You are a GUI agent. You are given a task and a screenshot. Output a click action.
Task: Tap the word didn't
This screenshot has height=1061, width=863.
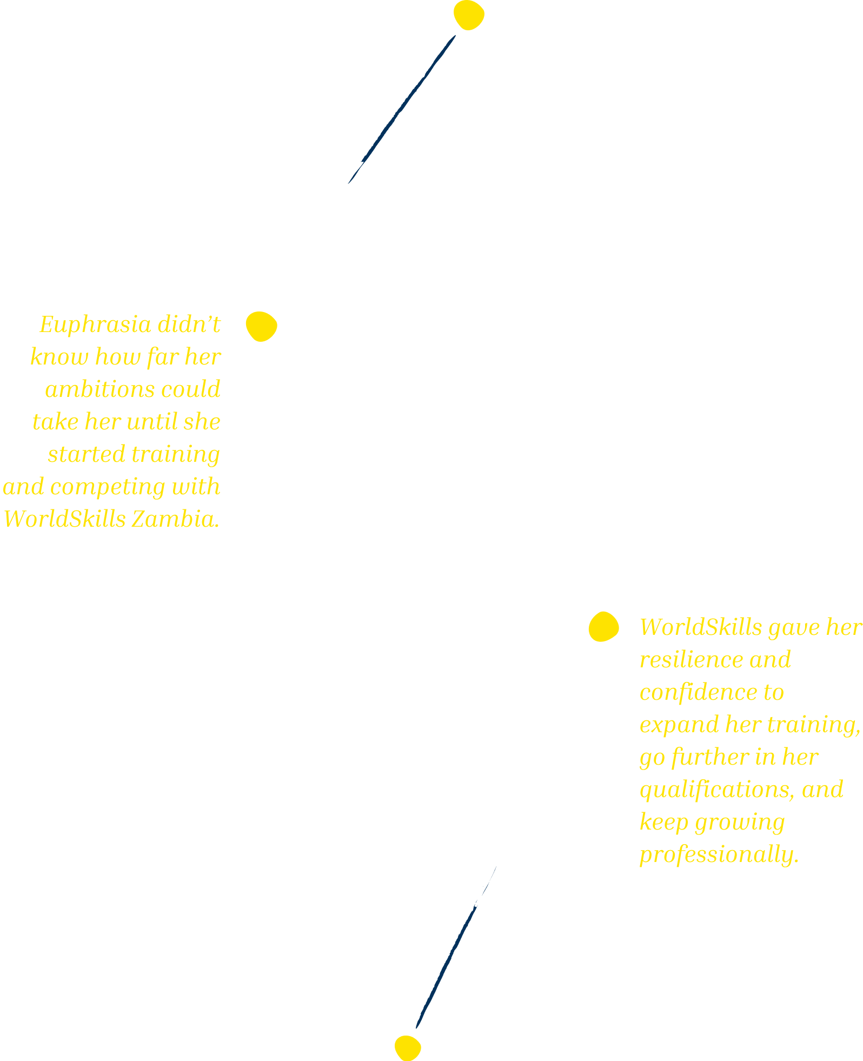189,325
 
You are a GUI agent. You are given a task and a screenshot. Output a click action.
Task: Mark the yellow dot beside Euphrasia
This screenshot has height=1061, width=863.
262,327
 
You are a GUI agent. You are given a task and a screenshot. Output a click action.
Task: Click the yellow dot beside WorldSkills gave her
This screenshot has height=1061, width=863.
603,627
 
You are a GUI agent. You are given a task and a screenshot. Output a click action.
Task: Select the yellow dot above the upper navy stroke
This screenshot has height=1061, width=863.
469,15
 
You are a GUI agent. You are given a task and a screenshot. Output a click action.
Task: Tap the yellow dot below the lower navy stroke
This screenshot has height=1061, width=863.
408,1048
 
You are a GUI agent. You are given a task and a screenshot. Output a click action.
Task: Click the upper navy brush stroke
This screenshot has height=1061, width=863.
402,110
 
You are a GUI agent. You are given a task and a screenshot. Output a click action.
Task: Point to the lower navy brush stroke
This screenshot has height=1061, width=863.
456,947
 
